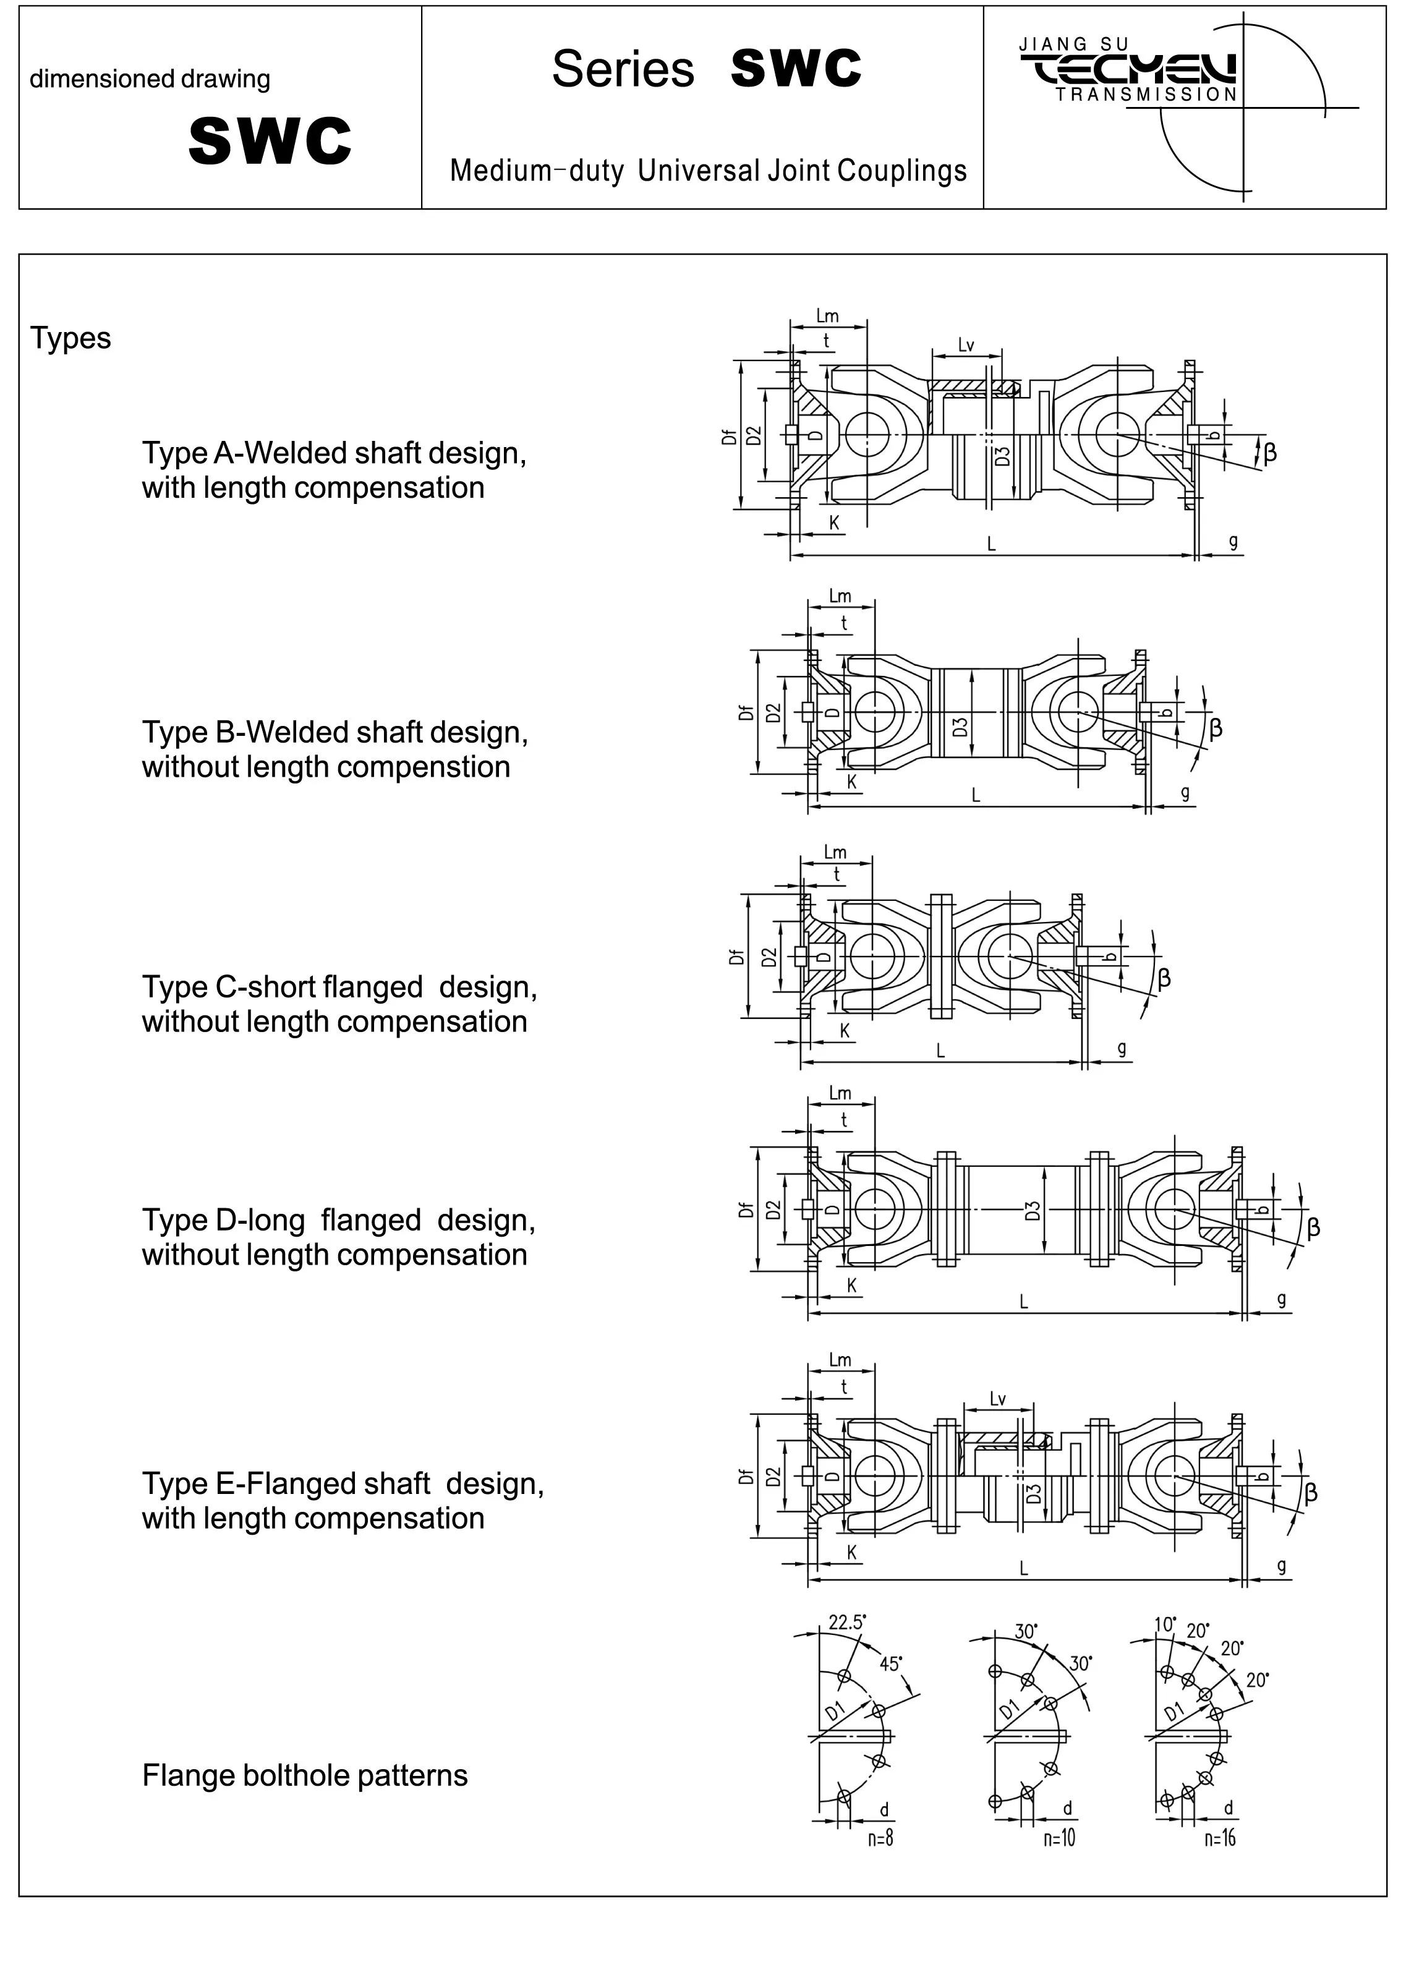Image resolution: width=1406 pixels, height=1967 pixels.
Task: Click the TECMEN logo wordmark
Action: click(x=1129, y=70)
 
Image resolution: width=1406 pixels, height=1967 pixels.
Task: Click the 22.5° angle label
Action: click(x=846, y=1621)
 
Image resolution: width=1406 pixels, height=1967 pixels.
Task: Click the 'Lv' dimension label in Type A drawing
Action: click(x=966, y=346)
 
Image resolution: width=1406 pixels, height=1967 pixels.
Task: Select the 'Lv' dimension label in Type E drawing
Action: click(x=997, y=1399)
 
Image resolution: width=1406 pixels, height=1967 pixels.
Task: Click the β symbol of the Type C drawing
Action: click(x=1164, y=978)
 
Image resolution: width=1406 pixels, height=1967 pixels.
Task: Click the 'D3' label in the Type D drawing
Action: click(x=1032, y=1210)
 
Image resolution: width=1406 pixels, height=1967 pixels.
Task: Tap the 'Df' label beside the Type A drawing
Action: click(x=729, y=437)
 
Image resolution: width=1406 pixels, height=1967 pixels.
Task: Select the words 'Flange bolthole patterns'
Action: click(x=305, y=1775)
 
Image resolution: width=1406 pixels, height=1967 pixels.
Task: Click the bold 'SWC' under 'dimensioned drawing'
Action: click(x=270, y=140)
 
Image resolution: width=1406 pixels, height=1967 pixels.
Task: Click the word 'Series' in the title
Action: click(x=623, y=69)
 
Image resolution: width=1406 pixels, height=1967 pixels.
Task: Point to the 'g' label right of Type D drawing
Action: click(x=1281, y=1298)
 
